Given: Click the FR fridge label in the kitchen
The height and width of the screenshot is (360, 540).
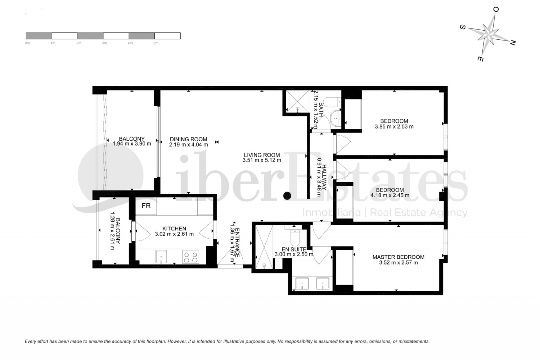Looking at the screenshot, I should coord(146,206).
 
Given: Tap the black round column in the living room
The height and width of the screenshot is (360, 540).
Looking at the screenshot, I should coord(287,195).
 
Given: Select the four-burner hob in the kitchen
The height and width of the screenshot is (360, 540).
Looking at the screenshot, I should coord(190,257).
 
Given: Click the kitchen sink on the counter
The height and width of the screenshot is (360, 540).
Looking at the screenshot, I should coord(161,257).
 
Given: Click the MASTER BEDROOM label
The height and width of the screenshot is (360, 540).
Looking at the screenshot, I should coord(398,257).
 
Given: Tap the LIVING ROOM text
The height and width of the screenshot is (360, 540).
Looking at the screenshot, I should coord(262,155).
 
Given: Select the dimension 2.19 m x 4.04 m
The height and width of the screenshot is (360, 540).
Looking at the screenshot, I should coord(188,145).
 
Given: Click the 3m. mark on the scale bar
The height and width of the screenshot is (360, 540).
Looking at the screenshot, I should coord(105,43).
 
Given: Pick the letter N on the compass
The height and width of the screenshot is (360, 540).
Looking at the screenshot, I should coord(512,43).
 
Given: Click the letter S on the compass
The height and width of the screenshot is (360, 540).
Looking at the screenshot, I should coord(462,27).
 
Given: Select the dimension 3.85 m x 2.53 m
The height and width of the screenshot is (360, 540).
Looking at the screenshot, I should coord(394,127).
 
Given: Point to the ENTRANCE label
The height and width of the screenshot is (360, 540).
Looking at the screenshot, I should coord(237,242).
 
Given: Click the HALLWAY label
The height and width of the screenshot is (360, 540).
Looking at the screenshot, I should coord(324,177).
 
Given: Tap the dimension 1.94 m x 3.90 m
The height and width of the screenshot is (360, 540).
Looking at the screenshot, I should coord(132,144).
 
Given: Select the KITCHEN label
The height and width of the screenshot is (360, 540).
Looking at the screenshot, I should coord(174,229).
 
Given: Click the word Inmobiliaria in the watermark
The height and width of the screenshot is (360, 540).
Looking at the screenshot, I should coord(331,213).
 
